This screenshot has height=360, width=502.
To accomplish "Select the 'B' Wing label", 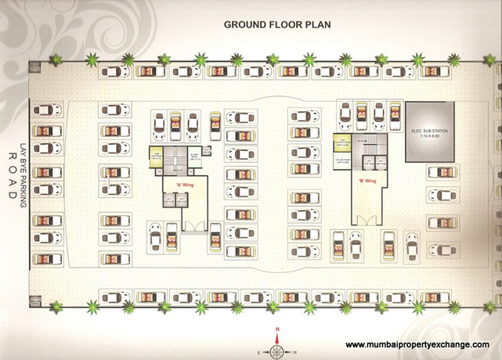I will coord(363,179).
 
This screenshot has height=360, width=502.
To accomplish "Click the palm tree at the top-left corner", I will coord(92,58).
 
